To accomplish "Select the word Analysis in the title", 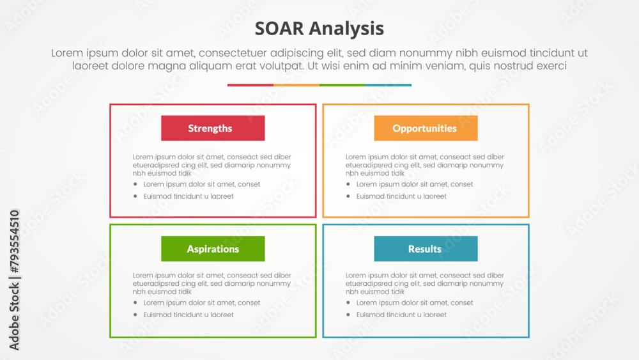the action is pos(346,29).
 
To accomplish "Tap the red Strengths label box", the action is pos(213,128).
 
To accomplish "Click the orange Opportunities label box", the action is pos(426,128).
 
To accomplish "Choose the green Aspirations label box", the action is pos(213,249).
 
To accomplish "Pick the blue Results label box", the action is pos(426,249).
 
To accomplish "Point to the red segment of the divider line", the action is pos(250,85).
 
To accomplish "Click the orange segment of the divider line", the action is pos(296,85).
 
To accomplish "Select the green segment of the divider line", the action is pos(343,85).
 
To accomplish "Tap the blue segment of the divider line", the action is pos(389,85).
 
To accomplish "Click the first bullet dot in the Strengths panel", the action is pos(135,184).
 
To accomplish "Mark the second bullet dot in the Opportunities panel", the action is pos(348,196).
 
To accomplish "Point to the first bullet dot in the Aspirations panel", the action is pos(135,302).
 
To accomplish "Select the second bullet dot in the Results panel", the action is pos(348,315).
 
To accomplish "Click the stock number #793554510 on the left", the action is pos(14,242).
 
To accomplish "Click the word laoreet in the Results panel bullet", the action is pos(435,315).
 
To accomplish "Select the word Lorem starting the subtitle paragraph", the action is pos(67,53).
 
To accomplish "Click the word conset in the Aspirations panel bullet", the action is pos(249,303).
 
